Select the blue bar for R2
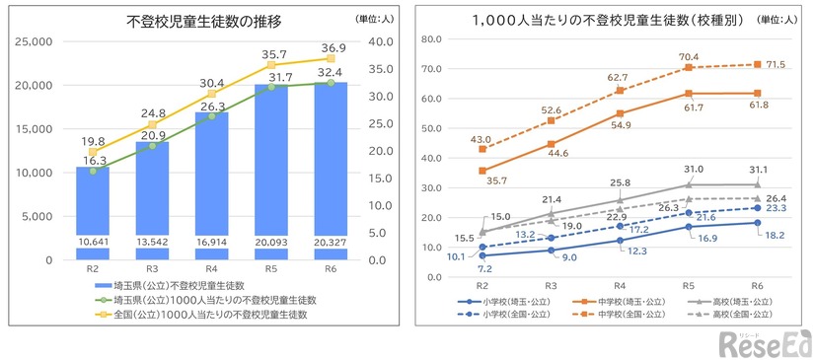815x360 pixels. pos(92,212)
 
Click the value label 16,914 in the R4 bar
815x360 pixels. pos(210,242)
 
